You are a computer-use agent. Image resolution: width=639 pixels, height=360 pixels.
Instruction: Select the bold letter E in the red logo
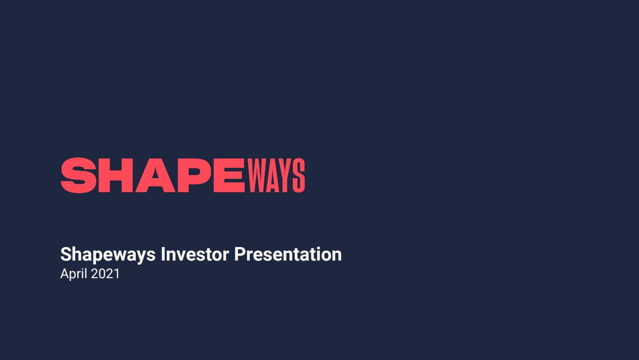(x=229, y=175)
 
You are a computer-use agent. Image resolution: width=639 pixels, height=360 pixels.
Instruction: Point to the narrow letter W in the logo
(x=256, y=175)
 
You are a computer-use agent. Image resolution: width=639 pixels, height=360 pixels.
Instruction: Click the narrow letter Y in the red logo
(x=286, y=175)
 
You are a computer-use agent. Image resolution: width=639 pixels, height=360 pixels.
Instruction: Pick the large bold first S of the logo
(x=78, y=175)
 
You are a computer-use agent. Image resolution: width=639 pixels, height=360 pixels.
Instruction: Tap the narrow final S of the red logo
(x=299, y=175)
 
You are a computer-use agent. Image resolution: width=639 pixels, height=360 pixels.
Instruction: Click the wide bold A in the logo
(x=155, y=175)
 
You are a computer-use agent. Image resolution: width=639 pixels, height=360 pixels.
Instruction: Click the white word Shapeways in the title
(x=108, y=254)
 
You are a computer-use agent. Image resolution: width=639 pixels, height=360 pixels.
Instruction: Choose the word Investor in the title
(x=195, y=254)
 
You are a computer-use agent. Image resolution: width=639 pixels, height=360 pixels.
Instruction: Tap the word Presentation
(x=288, y=254)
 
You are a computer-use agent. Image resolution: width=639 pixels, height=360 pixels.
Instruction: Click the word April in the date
(x=74, y=274)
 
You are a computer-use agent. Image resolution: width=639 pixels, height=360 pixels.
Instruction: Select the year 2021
(x=105, y=273)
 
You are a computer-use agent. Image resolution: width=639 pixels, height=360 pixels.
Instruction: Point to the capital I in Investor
(x=163, y=254)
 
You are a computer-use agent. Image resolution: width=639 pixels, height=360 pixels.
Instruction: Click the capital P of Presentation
(x=239, y=254)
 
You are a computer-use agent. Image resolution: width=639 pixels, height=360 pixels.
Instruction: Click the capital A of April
(x=65, y=273)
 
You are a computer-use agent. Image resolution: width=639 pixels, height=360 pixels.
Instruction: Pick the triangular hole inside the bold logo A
(x=155, y=174)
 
